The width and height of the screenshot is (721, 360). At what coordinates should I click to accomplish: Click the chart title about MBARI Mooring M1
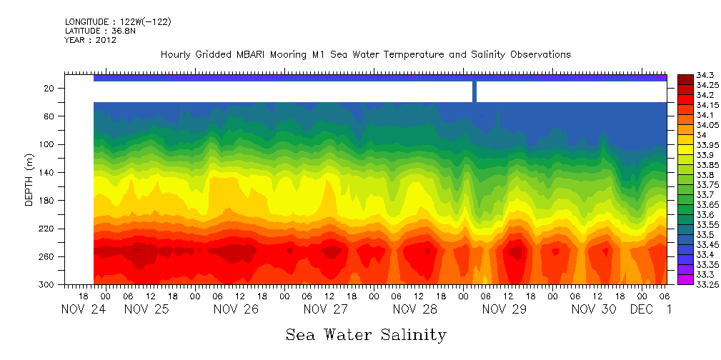pos(366,55)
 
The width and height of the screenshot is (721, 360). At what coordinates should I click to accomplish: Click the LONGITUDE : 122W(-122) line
pos(118,22)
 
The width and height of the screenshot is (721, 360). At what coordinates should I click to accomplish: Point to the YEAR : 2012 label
pos(91,40)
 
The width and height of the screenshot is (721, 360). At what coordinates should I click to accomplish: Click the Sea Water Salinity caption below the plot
pos(366,334)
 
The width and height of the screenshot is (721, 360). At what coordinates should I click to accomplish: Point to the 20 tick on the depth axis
pos(50,88)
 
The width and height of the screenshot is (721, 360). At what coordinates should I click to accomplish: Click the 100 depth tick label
pos(48,144)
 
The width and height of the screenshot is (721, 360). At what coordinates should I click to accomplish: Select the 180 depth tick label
pos(48,200)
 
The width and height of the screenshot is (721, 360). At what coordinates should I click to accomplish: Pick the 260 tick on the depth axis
pos(48,256)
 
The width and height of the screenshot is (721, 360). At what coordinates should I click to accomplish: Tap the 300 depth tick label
pos(48,284)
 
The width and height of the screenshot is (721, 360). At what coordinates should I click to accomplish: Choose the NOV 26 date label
pos(236,309)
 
